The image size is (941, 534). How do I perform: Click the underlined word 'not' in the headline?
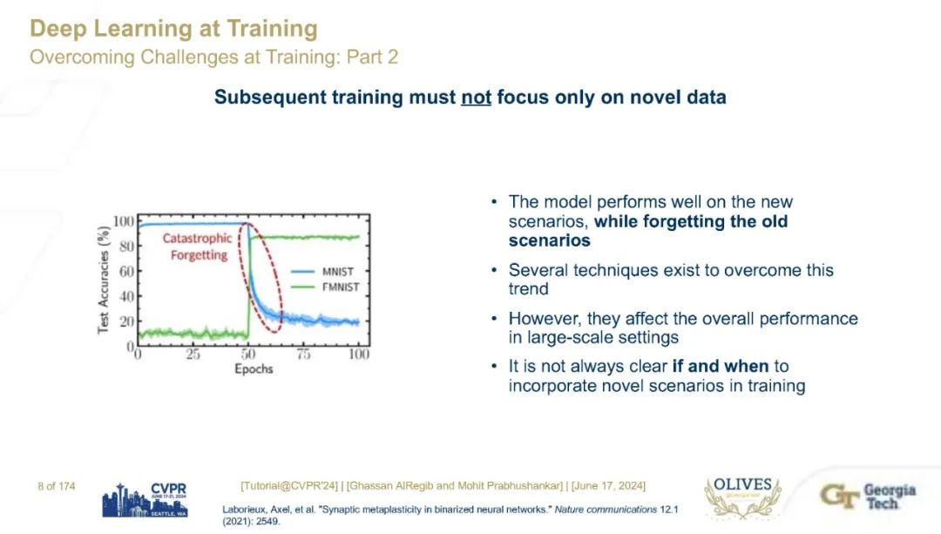coord(476,98)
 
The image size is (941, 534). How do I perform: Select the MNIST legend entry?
coord(322,272)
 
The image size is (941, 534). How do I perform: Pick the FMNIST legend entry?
coord(325,287)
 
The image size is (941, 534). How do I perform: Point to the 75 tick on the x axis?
coord(304,355)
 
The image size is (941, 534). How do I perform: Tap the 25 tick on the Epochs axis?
coord(193,355)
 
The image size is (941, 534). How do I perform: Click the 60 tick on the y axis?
coord(126,271)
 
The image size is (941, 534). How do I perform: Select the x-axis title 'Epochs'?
coord(254,369)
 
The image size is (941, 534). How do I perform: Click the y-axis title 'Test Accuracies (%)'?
coord(104,280)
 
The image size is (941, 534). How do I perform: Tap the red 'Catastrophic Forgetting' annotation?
coord(198,247)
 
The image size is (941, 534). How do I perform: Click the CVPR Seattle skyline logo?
coord(145,500)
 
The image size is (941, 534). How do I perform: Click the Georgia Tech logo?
coord(868,497)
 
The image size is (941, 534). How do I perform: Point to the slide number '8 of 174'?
coord(57,486)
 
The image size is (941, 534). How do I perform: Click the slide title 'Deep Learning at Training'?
coord(173,29)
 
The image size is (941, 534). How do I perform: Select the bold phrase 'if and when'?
coord(721,366)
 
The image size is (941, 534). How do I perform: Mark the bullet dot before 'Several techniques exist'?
coord(494,270)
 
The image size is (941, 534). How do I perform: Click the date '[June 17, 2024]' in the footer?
coord(608,485)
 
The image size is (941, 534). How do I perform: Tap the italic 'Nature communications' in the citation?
coord(606,510)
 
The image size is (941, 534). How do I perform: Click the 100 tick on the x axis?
coord(359,355)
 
